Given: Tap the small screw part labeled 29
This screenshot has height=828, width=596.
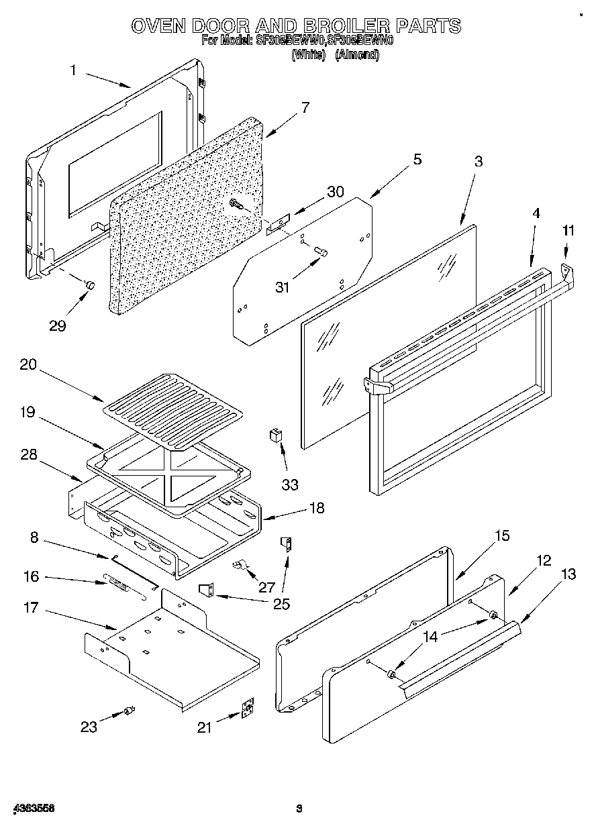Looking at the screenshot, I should click(89, 285).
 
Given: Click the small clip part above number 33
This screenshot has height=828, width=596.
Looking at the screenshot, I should click(275, 435).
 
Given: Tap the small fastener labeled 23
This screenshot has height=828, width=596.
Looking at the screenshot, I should click(130, 711).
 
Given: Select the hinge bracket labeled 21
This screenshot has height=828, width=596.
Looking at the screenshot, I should click(248, 709).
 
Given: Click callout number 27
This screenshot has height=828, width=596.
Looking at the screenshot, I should click(266, 587).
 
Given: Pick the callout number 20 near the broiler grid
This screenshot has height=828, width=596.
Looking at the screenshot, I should click(30, 365).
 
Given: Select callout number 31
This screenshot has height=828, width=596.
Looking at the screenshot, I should click(283, 287).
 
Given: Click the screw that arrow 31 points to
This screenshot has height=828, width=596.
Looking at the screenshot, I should click(320, 251).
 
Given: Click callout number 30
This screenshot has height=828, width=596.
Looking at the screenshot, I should click(335, 191).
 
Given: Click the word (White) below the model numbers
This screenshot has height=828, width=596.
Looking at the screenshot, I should click(309, 55).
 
